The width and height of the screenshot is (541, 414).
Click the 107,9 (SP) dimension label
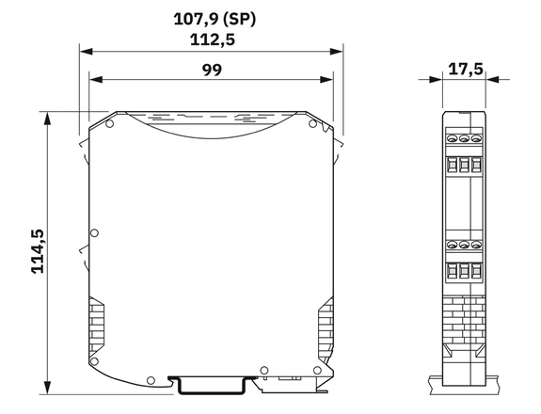(215, 19)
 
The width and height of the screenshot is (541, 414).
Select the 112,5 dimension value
(213, 40)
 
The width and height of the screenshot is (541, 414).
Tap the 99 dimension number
(212, 70)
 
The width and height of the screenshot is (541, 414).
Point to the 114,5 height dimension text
(38, 251)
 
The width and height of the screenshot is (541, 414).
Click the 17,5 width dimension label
(466, 70)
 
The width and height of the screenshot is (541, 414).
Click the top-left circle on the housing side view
(109, 123)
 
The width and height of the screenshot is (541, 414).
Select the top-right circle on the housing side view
(312, 123)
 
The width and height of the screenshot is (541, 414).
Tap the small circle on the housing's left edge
(94, 233)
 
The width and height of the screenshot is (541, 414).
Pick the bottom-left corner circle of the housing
(94, 361)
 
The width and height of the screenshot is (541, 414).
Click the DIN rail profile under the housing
(213, 386)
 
